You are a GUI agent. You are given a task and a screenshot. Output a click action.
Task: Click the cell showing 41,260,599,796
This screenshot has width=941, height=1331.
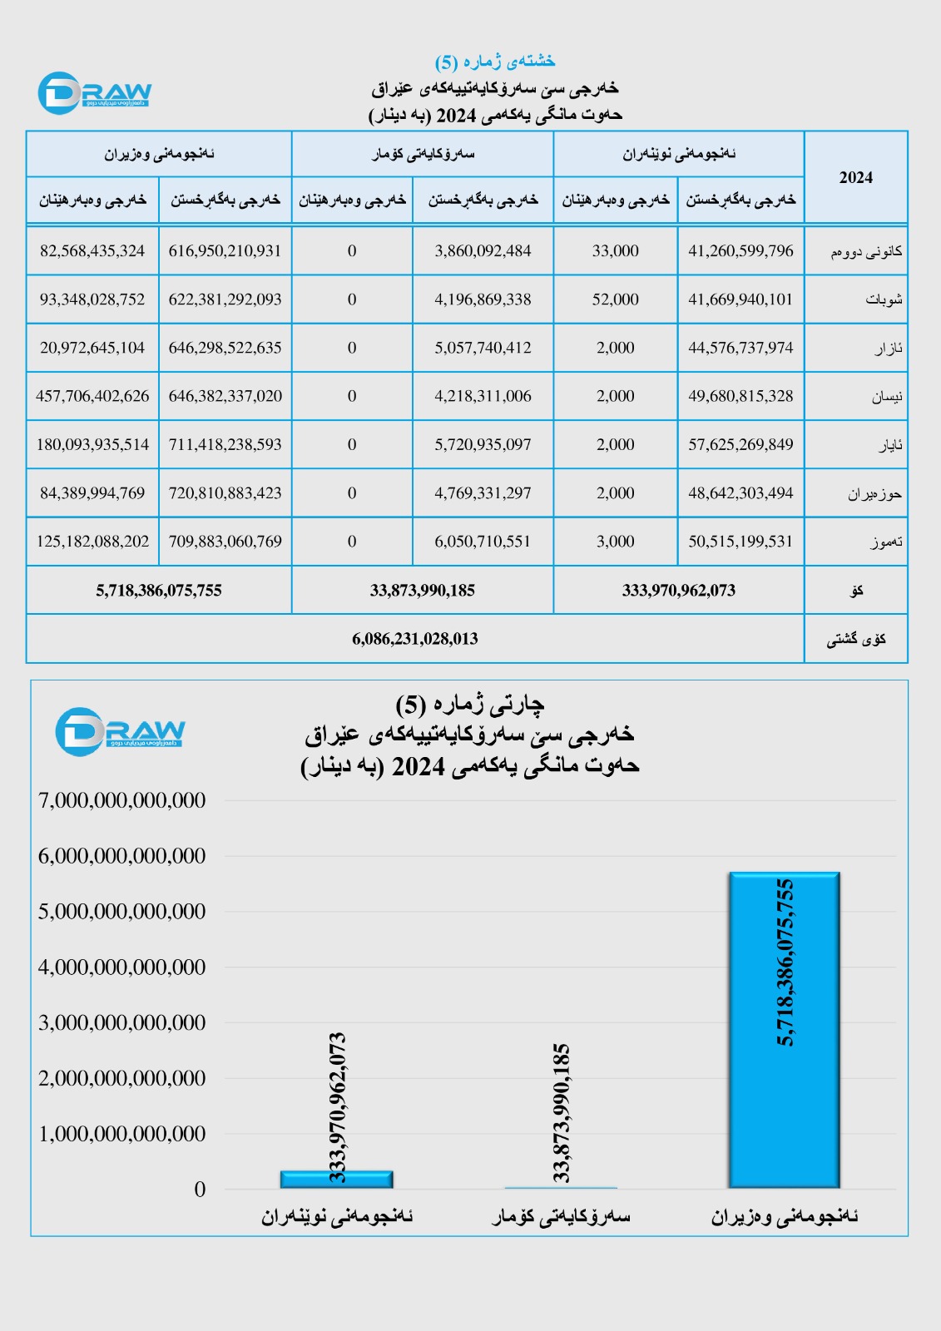(x=740, y=251)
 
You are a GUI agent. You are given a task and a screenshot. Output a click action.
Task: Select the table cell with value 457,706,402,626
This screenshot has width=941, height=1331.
(x=92, y=396)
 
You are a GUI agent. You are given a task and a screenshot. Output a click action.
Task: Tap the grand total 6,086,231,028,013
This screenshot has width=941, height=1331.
(x=414, y=639)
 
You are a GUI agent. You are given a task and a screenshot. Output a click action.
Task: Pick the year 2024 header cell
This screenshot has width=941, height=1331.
(x=855, y=177)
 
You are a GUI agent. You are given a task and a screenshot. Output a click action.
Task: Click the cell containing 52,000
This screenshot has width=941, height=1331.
(x=615, y=299)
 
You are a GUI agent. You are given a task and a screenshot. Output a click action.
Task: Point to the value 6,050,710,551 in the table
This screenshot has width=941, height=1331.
(x=483, y=542)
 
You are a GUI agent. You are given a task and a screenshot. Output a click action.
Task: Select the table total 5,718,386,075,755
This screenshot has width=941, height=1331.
(x=159, y=591)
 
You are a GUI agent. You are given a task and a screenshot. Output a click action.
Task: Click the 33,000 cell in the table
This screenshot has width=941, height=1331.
(x=615, y=251)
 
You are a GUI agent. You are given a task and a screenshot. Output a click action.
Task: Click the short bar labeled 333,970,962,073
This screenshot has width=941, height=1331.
(x=336, y=1179)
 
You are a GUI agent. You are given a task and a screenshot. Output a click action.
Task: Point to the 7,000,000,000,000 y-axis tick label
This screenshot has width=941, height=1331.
(x=121, y=800)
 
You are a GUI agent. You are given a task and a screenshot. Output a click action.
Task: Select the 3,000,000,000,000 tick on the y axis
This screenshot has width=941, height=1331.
(x=121, y=1022)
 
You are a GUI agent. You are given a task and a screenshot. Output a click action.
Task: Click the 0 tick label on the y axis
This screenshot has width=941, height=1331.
(x=200, y=1190)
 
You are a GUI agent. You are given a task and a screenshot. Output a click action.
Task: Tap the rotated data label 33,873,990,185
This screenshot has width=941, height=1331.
(x=562, y=1112)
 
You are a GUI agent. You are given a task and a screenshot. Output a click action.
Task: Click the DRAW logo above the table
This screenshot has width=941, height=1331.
(x=94, y=93)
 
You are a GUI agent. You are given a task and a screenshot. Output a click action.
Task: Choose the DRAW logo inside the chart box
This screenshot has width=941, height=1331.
(x=120, y=732)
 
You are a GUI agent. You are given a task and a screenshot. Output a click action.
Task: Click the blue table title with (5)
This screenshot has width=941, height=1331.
(x=494, y=62)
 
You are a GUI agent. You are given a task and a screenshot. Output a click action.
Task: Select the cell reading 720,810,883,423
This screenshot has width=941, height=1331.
(x=225, y=493)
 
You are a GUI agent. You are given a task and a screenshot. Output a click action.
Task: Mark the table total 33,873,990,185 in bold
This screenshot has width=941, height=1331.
(x=422, y=591)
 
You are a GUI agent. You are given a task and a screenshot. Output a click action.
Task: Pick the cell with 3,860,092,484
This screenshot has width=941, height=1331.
(x=483, y=251)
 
